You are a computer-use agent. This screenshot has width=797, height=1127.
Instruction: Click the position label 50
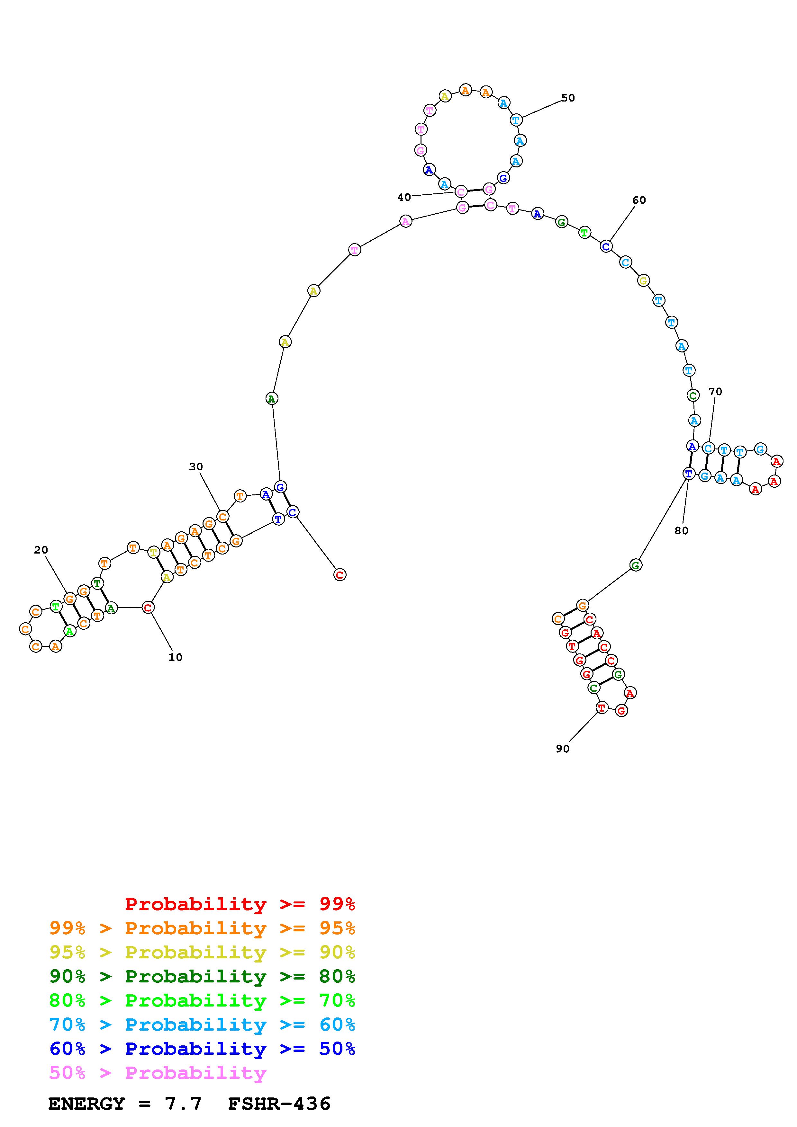[568, 98]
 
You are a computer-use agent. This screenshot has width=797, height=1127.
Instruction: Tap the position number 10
[175, 657]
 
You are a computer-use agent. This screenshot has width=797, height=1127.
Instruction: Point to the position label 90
[563, 749]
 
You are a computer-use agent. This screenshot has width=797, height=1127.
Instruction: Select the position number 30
[196, 467]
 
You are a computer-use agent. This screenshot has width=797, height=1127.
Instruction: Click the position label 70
[715, 392]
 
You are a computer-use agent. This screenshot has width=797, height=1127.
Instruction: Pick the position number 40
[404, 197]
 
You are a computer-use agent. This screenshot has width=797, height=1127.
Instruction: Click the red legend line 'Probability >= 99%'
[240, 904]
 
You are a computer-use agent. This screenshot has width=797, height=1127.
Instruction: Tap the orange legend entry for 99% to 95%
[202, 928]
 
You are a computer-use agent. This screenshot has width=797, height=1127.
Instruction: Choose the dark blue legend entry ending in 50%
[202, 1049]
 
